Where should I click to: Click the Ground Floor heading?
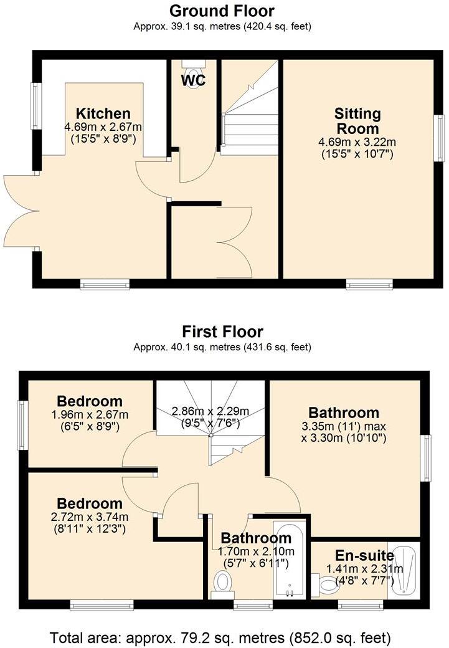(222, 11)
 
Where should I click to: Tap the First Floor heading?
(222, 331)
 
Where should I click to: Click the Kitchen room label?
(103, 113)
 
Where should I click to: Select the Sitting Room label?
(357, 121)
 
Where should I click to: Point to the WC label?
(193, 80)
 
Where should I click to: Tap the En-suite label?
(364, 555)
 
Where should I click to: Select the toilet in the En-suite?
(326, 584)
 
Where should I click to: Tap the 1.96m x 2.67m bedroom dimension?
(90, 415)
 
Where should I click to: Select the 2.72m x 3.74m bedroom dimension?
(90, 517)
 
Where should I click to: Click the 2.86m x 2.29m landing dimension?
(210, 411)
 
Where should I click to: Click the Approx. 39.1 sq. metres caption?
(222, 27)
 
